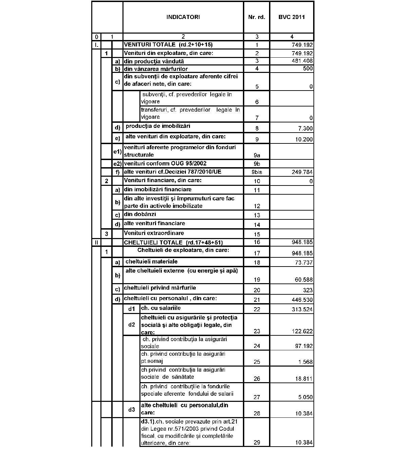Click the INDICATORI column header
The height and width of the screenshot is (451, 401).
pos(183,17)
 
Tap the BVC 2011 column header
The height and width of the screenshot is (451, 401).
pos(291,17)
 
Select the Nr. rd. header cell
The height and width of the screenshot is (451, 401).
pos(256,17)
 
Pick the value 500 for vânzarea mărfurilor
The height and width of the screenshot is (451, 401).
pos(308,69)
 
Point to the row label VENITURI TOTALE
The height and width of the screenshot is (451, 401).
pos(168,45)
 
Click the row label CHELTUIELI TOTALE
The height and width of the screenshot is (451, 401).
pos(173,242)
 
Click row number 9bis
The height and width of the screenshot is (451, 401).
pos(257,172)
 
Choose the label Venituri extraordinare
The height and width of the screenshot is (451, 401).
pos(154,233)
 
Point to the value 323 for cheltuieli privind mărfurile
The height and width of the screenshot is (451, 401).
pos(308,290)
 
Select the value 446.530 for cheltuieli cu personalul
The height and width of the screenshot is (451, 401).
pos(302,300)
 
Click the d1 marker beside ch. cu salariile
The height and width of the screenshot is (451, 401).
pos(132,309)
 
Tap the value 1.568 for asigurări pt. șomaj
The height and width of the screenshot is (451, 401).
pos(305,362)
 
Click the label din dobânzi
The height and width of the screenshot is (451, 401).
pos(140,215)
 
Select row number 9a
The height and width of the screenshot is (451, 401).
pos(257,155)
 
